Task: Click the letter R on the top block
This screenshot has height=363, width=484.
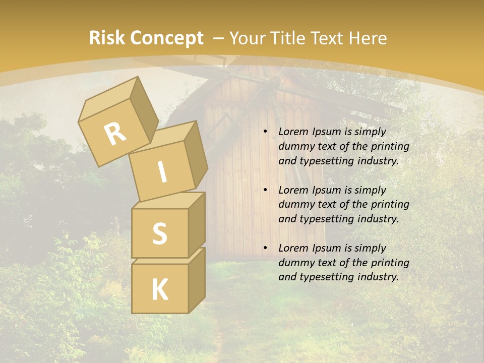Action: coord(115,134)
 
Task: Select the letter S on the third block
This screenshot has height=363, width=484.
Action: coord(159,233)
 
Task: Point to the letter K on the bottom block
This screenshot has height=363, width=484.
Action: coord(159,290)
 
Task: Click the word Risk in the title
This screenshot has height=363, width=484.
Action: coord(107,38)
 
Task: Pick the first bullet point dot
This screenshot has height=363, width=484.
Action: coord(265,132)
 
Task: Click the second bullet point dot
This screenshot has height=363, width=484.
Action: coord(265,190)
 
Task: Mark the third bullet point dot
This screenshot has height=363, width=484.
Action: coord(265,248)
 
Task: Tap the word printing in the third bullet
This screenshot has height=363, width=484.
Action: coord(390,262)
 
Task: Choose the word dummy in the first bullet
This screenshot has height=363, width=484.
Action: coord(295,146)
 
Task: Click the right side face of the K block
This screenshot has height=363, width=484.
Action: coord(197,280)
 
